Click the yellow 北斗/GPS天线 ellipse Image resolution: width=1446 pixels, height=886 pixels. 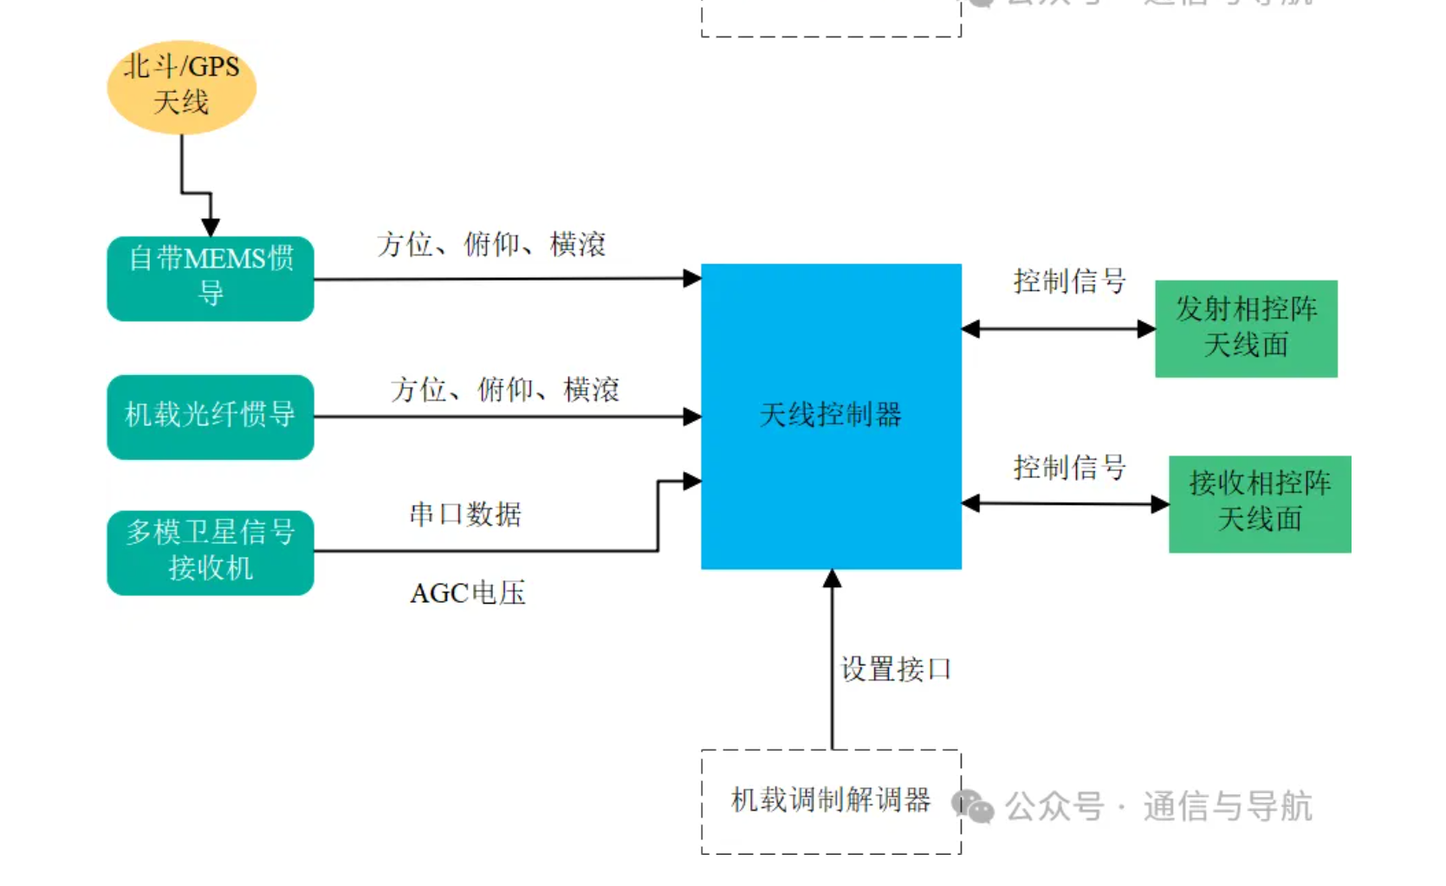(181, 87)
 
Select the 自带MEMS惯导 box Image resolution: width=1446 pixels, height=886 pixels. (211, 278)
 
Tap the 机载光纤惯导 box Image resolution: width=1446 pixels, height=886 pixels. (211, 416)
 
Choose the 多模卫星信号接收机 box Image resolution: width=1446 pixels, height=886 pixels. (211, 552)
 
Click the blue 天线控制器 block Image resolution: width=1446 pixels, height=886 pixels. (830, 416)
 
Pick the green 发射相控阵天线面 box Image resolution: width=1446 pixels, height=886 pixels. (1245, 328)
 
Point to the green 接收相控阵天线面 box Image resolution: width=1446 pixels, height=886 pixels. (1259, 503)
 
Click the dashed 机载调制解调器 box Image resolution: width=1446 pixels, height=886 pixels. (830, 801)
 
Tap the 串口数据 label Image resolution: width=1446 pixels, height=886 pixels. (465, 514)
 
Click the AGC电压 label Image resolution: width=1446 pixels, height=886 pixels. (468, 593)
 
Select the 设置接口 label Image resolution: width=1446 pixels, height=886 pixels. (896, 669)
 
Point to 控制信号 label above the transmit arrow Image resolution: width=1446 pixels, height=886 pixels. (1069, 281)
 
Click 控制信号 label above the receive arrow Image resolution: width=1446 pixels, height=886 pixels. (1069, 468)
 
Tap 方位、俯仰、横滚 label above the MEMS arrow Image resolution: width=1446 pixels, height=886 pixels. (491, 245)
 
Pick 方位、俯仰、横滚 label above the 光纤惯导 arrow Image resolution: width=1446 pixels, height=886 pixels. (505, 390)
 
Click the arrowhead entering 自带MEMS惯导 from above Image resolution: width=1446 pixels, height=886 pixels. (211, 227)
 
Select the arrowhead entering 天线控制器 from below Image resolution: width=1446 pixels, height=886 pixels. (832, 579)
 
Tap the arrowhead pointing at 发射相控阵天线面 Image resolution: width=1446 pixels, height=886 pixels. (1146, 329)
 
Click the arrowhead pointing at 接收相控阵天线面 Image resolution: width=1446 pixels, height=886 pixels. (1160, 504)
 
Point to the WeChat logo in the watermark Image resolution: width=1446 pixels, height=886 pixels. (973, 806)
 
